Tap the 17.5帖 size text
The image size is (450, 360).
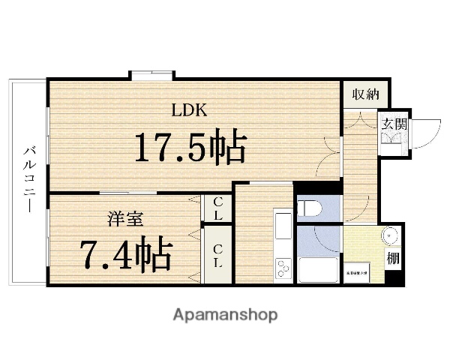coord(190,148)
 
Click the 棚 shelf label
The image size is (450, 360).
coord(393,259)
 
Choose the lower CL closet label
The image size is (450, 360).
coord(217,255)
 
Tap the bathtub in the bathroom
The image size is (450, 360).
coord(319,270)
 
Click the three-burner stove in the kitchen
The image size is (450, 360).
coord(283,268)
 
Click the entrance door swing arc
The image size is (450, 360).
coord(423,136)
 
